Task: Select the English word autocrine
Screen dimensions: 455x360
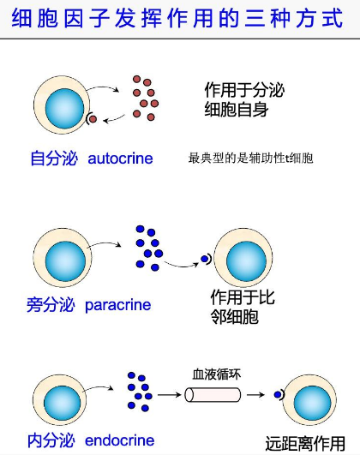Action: (120, 159)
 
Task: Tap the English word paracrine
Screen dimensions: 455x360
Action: (118, 304)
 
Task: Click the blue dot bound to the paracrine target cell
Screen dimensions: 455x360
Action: (206, 258)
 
